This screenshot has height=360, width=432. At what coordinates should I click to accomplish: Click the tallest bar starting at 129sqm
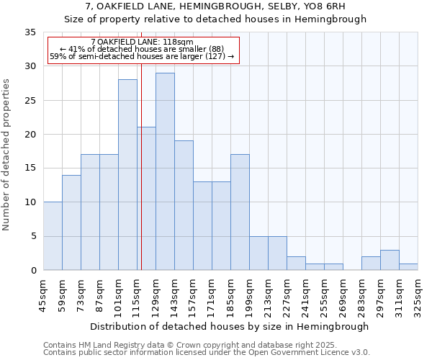(x=165, y=171)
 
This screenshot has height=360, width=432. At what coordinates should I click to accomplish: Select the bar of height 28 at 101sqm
(x=127, y=175)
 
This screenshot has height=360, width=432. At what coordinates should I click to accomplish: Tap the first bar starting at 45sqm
(x=53, y=236)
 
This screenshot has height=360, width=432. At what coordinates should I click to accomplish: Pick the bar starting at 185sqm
(x=240, y=212)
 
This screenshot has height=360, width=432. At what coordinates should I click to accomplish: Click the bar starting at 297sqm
(x=390, y=260)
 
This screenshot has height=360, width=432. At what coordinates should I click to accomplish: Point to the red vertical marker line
(x=142, y=180)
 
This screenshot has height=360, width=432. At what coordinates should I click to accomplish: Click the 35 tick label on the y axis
(x=30, y=32)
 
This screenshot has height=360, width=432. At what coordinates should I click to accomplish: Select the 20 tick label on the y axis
(x=30, y=135)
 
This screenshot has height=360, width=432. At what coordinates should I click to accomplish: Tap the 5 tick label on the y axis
(x=33, y=237)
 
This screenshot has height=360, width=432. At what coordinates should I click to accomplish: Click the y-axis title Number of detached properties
(x=7, y=156)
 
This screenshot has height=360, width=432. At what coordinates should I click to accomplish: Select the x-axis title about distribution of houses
(x=230, y=326)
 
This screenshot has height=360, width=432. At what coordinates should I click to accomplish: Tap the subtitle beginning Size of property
(x=215, y=19)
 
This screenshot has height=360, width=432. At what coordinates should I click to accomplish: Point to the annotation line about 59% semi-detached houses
(x=143, y=56)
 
